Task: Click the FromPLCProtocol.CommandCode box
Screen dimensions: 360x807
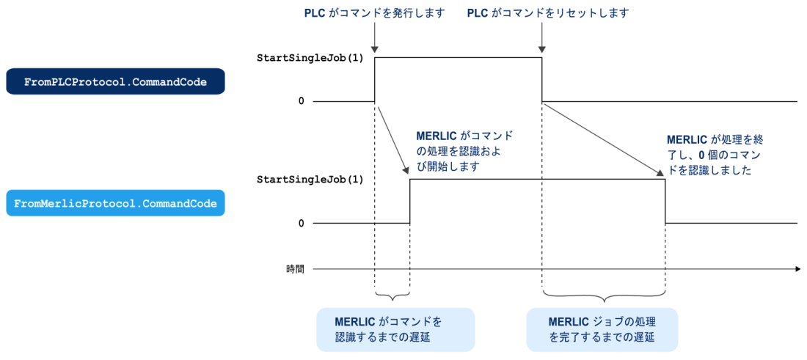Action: point(115,82)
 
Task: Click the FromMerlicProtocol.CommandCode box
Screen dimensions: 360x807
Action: point(115,203)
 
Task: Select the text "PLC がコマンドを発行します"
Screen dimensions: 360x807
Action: point(375,13)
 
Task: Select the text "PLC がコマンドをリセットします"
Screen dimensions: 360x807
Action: point(548,13)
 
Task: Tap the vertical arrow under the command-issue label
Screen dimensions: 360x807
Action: point(374,37)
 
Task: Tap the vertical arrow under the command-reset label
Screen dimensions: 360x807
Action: point(542,37)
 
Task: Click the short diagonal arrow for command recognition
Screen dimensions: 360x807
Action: point(393,140)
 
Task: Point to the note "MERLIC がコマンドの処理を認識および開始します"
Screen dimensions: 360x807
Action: point(464,151)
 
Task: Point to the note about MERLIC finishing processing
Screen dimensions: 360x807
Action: point(715,154)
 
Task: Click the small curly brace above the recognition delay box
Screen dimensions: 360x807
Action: point(392,295)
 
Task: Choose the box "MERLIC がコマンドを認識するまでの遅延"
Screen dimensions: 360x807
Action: point(395,329)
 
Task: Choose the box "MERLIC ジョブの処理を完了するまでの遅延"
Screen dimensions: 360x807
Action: point(602,329)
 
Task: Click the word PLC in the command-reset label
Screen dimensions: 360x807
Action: point(477,13)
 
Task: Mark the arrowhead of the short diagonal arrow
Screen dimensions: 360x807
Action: point(406,171)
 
